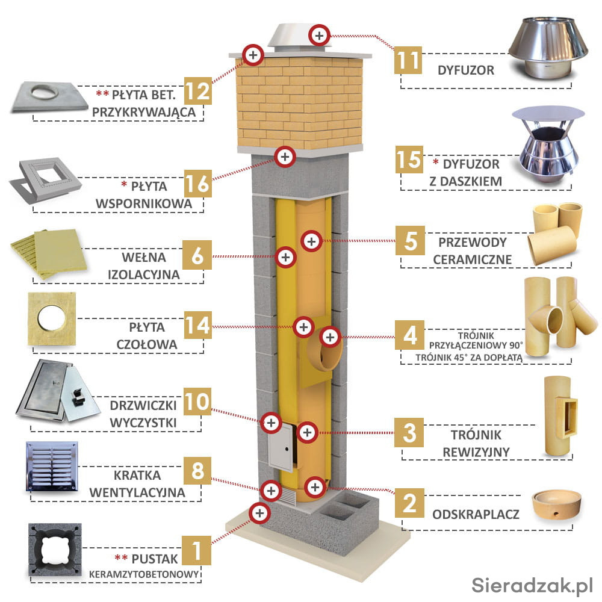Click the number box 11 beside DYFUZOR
409,60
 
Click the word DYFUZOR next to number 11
466,70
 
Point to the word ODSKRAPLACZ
476,515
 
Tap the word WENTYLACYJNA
137,492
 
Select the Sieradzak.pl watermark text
532,584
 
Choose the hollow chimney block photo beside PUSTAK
54,549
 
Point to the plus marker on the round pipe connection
329,337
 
